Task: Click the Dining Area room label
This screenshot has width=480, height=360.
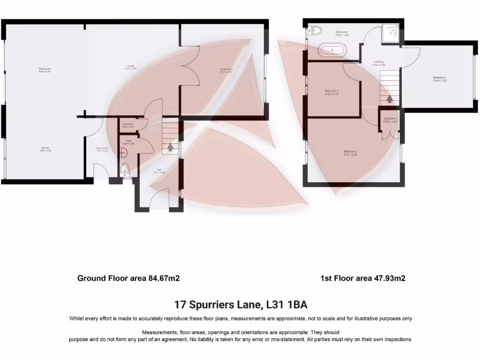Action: point(45,71)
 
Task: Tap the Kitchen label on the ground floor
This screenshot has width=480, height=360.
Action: point(45,150)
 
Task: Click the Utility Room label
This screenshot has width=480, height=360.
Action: point(102,150)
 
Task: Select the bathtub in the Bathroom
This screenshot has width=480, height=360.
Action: point(332,50)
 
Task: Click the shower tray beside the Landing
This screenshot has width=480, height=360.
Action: point(390,33)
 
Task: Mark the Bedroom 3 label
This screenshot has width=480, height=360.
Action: point(331,92)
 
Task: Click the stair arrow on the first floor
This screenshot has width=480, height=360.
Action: point(389,99)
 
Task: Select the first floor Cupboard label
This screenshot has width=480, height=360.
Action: point(390,120)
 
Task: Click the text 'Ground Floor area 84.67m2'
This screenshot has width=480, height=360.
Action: point(128,278)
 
